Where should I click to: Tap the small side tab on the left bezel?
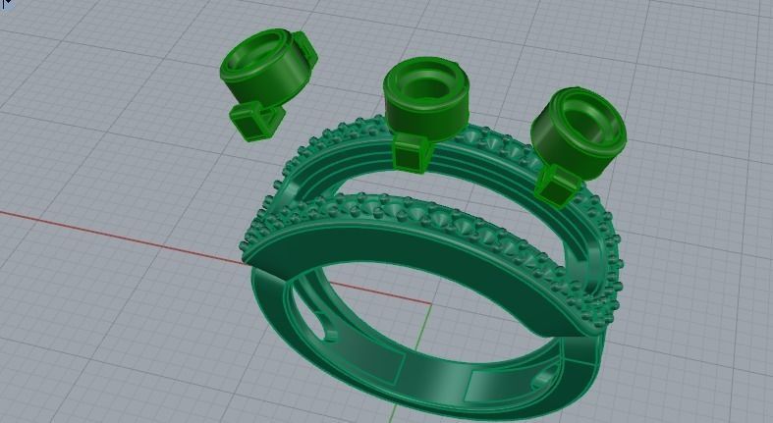coord(304,48)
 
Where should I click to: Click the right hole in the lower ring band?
coord(544,379)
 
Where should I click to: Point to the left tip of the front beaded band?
coord(247,251)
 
